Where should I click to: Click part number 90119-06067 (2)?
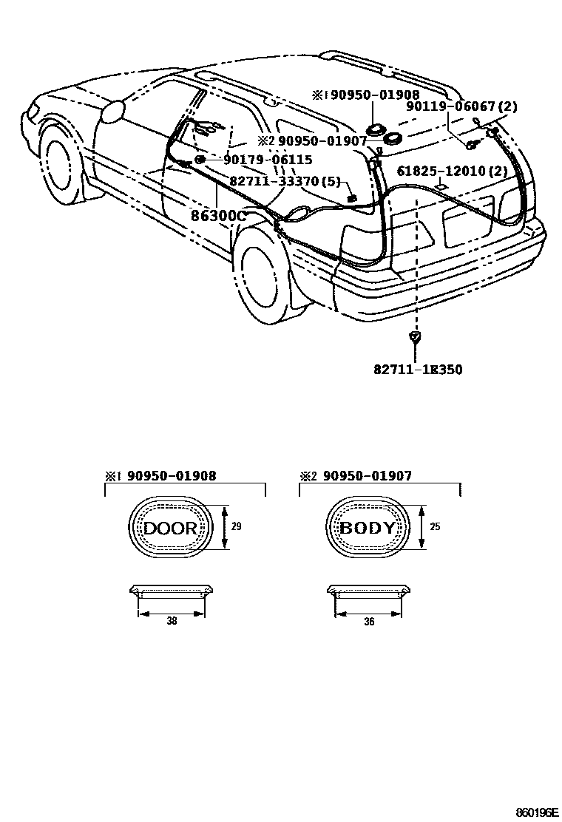point(461,107)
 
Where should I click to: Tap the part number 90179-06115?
point(268,159)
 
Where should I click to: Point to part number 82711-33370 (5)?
point(282,180)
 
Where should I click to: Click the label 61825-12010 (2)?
point(451,171)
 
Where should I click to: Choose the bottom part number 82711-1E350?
point(417,369)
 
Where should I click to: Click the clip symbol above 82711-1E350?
point(416,339)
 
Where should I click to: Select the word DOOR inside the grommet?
point(170,528)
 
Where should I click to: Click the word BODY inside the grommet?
point(368,528)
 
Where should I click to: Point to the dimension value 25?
point(435,527)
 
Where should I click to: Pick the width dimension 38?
point(172,622)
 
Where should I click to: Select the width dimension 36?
point(369,622)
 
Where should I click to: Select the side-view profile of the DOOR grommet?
point(171,591)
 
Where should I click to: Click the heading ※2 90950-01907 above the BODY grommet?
point(356,477)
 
